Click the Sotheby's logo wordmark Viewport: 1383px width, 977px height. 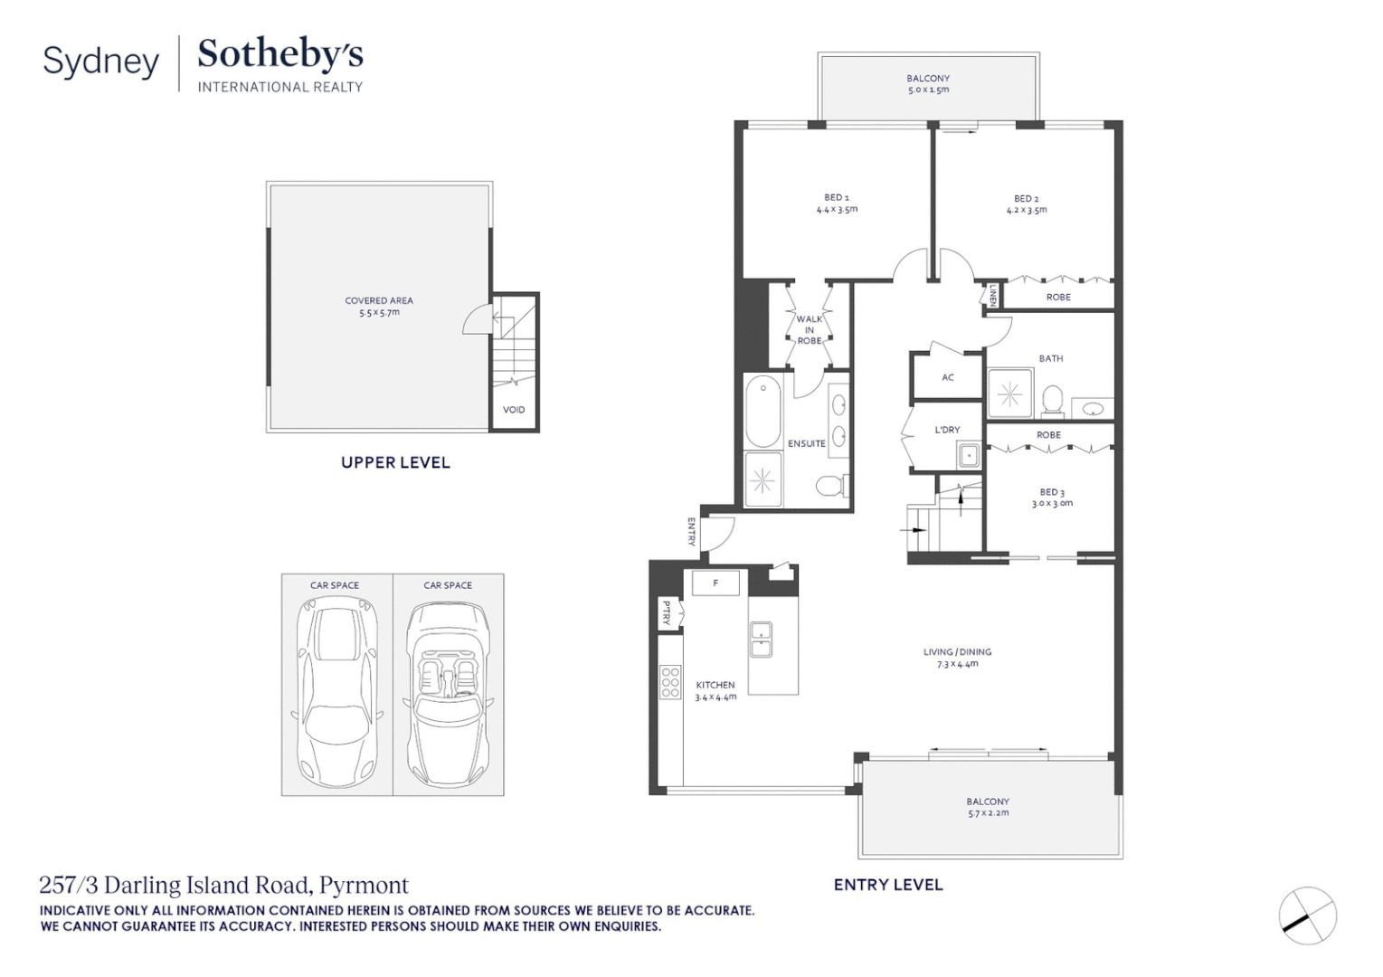click(x=279, y=54)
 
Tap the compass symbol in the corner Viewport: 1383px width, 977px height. click(x=1308, y=915)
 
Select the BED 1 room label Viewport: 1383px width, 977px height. click(x=836, y=197)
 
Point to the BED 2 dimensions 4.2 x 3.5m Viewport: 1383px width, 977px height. click(x=1027, y=211)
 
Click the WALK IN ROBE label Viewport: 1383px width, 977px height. click(x=810, y=330)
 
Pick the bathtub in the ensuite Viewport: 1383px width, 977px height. click(x=763, y=412)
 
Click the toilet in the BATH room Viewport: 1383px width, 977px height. click(x=1052, y=400)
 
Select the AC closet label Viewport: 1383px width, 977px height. click(x=947, y=377)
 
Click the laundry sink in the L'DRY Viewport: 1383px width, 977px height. click(x=969, y=455)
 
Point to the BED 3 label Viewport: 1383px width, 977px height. click(x=1051, y=492)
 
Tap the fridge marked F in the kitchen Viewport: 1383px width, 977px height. click(x=715, y=583)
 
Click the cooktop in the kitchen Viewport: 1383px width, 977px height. click(x=670, y=682)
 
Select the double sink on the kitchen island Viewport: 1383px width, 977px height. click(x=761, y=639)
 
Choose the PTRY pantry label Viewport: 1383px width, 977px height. click(x=667, y=612)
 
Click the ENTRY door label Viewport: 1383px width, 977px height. click(x=691, y=532)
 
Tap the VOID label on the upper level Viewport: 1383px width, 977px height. click(x=514, y=410)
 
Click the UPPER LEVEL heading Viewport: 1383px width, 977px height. click(x=395, y=462)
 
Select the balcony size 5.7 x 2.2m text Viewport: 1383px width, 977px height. click(x=988, y=813)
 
